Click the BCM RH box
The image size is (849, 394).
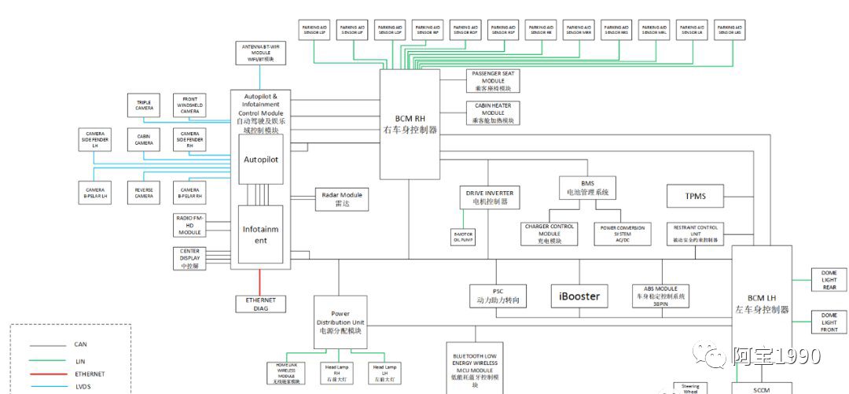pos(410,123)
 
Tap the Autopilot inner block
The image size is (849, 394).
pos(261,160)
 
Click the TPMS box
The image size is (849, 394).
pos(694,196)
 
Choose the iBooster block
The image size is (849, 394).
pos(579,296)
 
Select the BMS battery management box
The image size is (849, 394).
pos(586,187)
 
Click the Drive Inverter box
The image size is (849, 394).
pos(488,197)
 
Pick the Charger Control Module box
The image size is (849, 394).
pos(549,234)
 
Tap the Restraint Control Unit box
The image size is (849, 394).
pos(696,234)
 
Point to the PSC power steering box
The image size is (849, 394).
pos(498,296)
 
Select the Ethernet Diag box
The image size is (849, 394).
pos(261,304)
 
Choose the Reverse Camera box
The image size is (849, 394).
pos(144,193)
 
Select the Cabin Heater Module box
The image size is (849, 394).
pos(493,113)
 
